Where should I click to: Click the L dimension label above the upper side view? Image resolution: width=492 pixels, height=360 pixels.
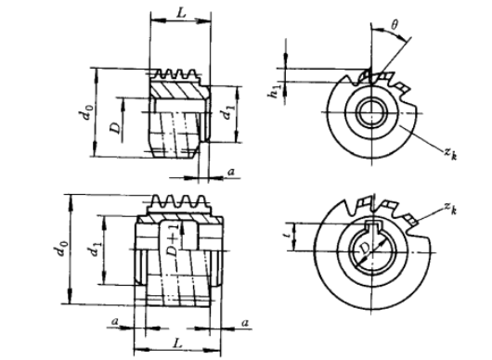(182, 13)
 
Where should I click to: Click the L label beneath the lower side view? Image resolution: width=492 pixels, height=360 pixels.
(178, 343)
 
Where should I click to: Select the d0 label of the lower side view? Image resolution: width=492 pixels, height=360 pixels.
(61, 248)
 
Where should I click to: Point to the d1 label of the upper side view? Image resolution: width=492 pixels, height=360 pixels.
(228, 113)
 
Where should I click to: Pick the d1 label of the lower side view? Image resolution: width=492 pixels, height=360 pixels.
(95, 247)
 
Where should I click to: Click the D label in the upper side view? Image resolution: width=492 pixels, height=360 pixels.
(115, 128)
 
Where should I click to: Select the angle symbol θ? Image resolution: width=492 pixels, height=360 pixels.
(395, 24)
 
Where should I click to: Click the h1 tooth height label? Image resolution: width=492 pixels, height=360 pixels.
(274, 92)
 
